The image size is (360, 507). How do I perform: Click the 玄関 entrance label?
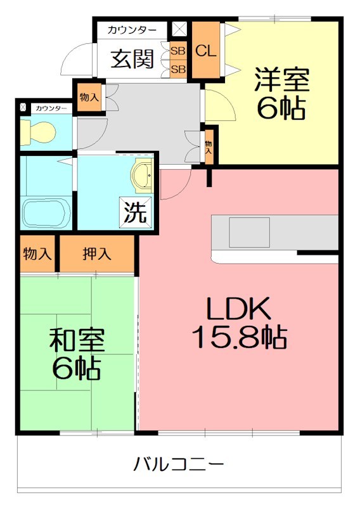[x=133, y=59]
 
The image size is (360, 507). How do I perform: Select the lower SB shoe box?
[x=178, y=68]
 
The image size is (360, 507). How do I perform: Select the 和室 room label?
[x=77, y=342]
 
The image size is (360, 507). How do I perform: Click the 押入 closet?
[x=97, y=254]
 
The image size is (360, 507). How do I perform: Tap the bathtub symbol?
[x=46, y=213]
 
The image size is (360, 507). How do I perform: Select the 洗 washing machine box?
[x=137, y=212]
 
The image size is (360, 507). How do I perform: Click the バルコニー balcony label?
[x=179, y=465]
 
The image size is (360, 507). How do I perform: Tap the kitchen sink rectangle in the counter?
[x=250, y=231]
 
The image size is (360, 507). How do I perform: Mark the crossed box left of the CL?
[x=179, y=29]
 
